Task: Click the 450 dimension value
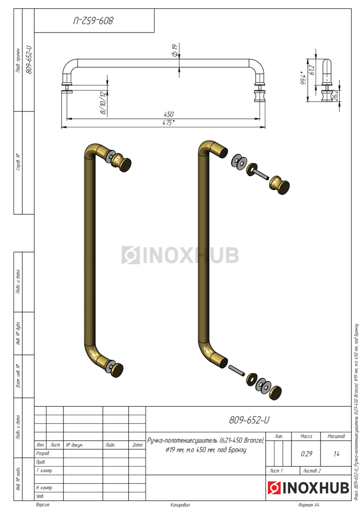click(x=169, y=114)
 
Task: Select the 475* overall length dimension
click(x=169, y=123)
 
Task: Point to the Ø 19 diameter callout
click(x=174, y=50)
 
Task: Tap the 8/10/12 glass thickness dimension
click(x=103, y=103)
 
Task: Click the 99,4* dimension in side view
click(x=304, y=77)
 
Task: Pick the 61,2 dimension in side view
click(x=312, y=70)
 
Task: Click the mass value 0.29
click(x=306, y=454)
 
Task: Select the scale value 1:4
click(x=336, y=454)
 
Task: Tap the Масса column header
click(x=306, y=436)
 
